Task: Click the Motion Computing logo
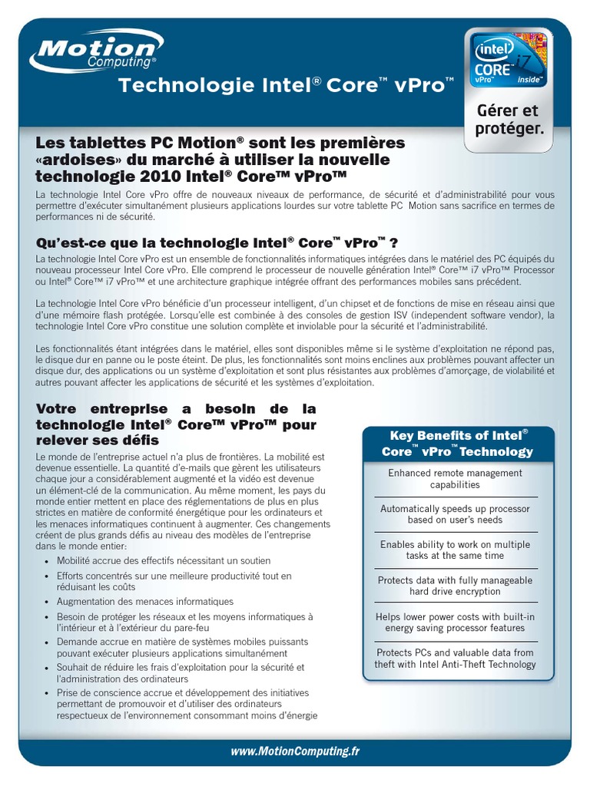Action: pos(93,55)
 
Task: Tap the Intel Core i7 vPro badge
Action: pos(507,61)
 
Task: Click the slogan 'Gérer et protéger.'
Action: pos(509,120)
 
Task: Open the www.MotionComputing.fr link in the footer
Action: pos(295,752)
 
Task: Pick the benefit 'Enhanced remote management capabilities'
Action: pos(455,479)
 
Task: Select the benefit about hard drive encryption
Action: pos(455,586)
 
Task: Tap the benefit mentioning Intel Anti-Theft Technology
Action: pos(455,659)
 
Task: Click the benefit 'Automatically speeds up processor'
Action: pos(455,514)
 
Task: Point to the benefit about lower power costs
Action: pos(455,623)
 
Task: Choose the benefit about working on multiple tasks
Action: pos(455,550)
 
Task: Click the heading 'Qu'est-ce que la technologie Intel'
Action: pos(217,243)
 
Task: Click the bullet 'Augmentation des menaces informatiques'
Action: pos(145,601)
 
